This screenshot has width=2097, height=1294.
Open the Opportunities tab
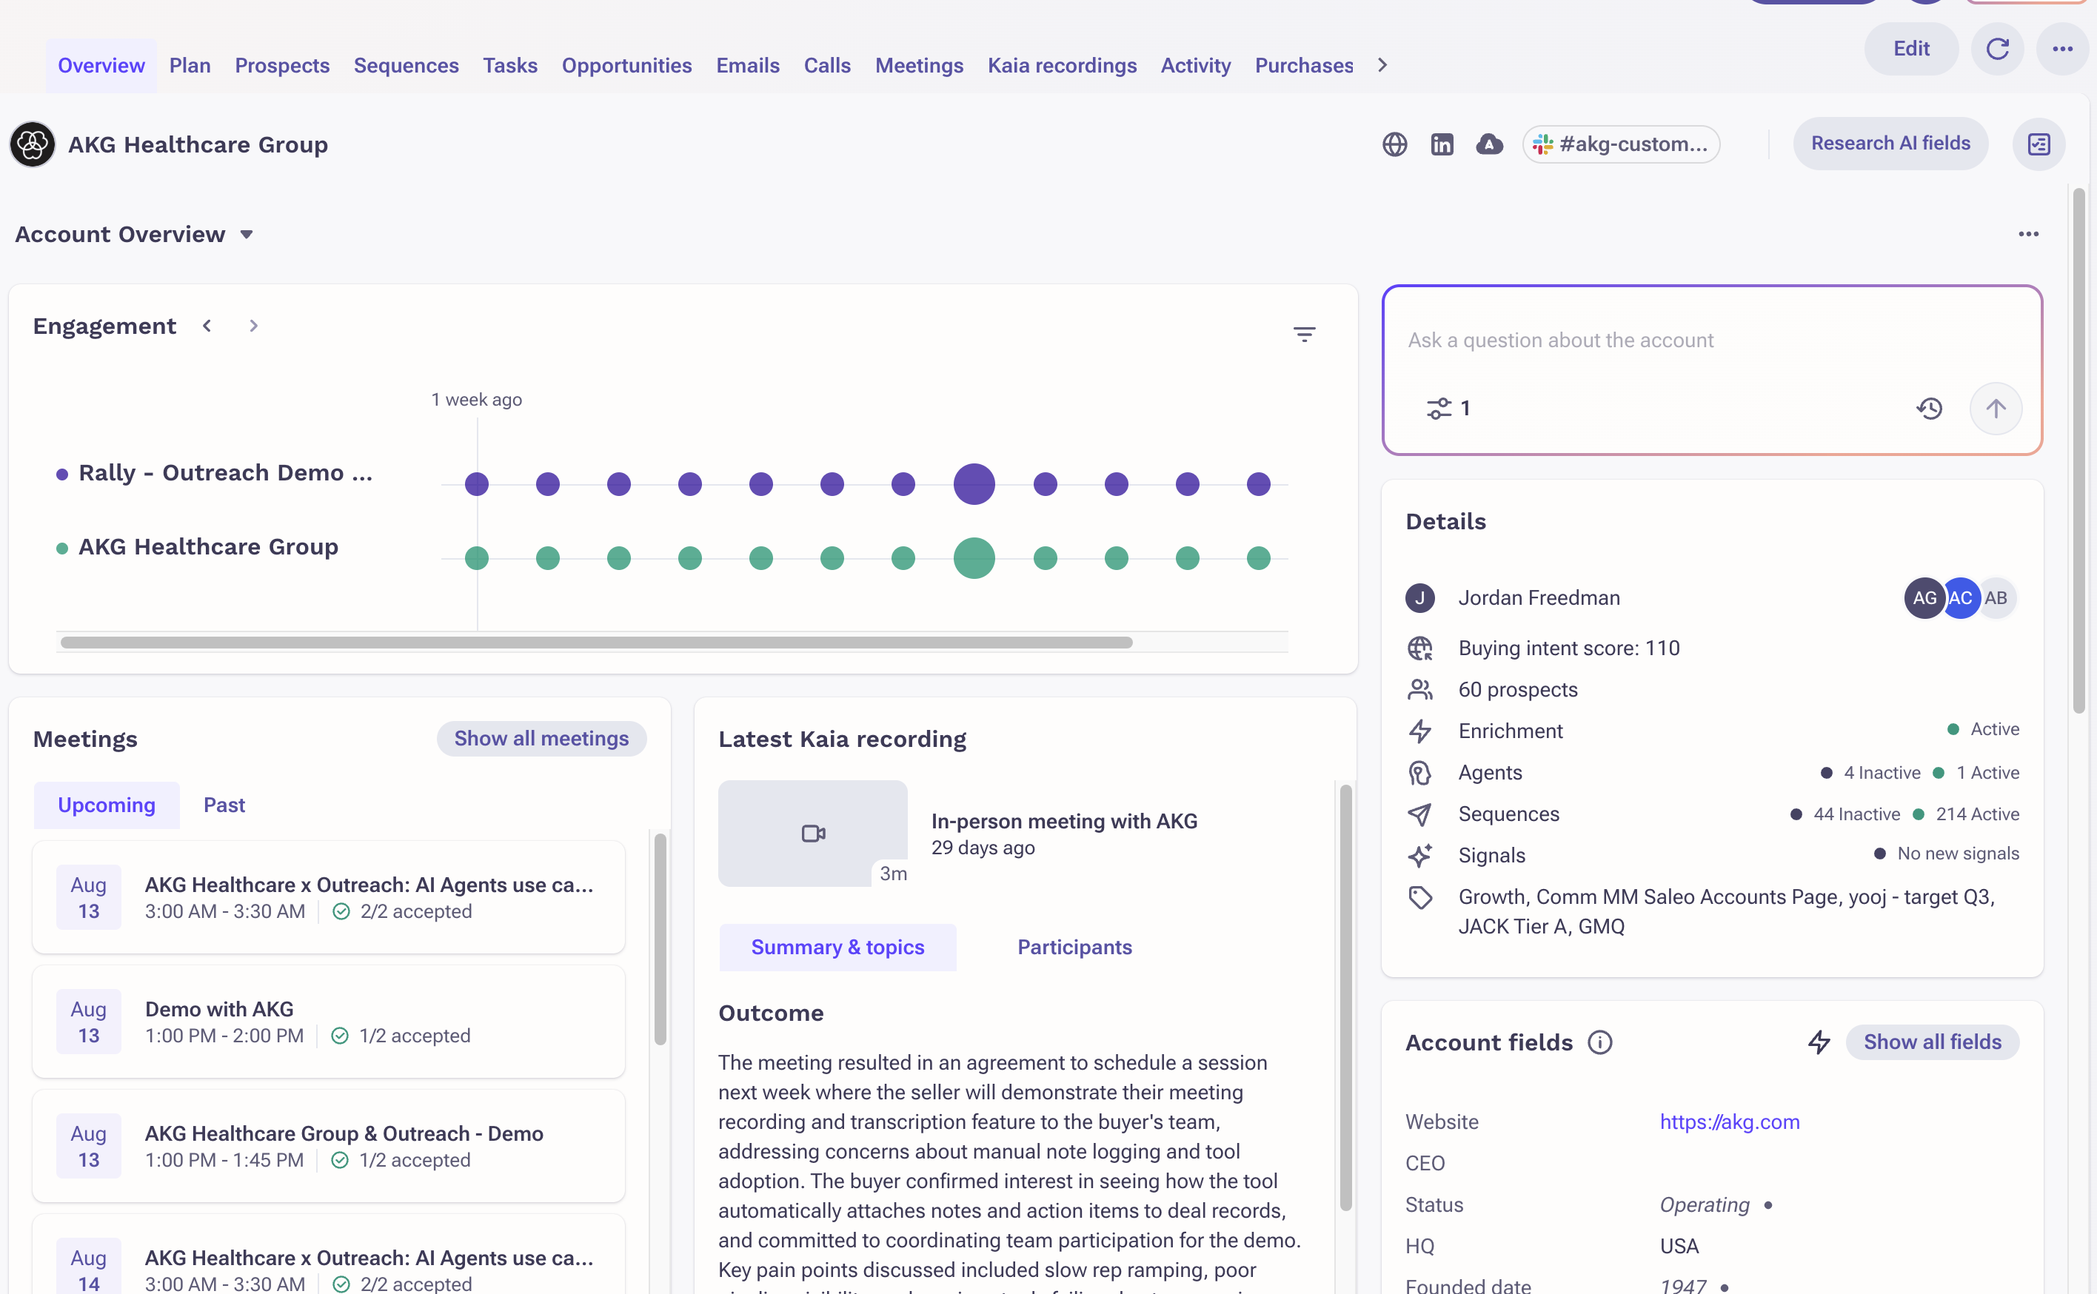pos(626,66)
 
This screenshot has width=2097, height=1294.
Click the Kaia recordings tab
pos(1061,66)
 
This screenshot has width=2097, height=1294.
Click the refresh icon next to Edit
pos(1997,49)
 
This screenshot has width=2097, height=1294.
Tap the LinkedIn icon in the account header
pos(1442,144)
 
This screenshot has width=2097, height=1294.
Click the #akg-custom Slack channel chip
pos(1621,144)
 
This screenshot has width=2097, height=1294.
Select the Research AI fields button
pos(1890,144)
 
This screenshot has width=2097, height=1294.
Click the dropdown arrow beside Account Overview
pos(247,235)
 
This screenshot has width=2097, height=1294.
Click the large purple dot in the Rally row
pos(974,484)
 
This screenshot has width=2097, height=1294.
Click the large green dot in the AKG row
pos(974,558)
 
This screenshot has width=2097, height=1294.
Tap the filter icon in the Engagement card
pos(1303,335)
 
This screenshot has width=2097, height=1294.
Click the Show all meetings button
pos(541,739)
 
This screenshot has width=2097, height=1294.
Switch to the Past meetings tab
pos(224,805)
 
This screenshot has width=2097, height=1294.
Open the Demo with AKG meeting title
pos(219,1009)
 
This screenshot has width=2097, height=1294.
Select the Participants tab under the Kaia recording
pos(1074,948)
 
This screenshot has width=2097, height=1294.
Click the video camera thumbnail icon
pos(813,834)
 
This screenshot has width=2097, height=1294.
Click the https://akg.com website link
pos(1729,1122)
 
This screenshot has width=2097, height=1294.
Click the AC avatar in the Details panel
pos(1959,598)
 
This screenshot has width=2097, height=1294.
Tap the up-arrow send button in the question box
pos(1995,408)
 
